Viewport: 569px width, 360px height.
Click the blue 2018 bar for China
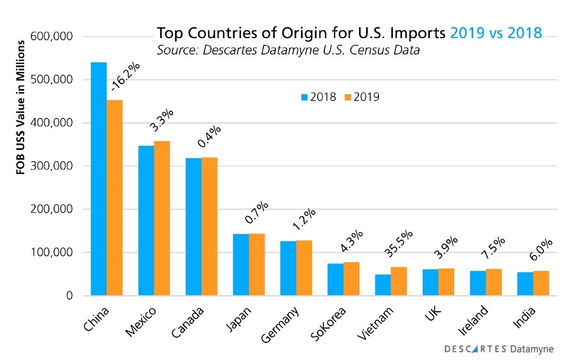click(x=98, y=179)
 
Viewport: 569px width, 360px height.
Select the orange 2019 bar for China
click(x=114, y=198)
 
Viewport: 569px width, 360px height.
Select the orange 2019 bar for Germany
click(x=304, y=268)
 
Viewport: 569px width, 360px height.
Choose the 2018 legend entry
click(x=318, y=96)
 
